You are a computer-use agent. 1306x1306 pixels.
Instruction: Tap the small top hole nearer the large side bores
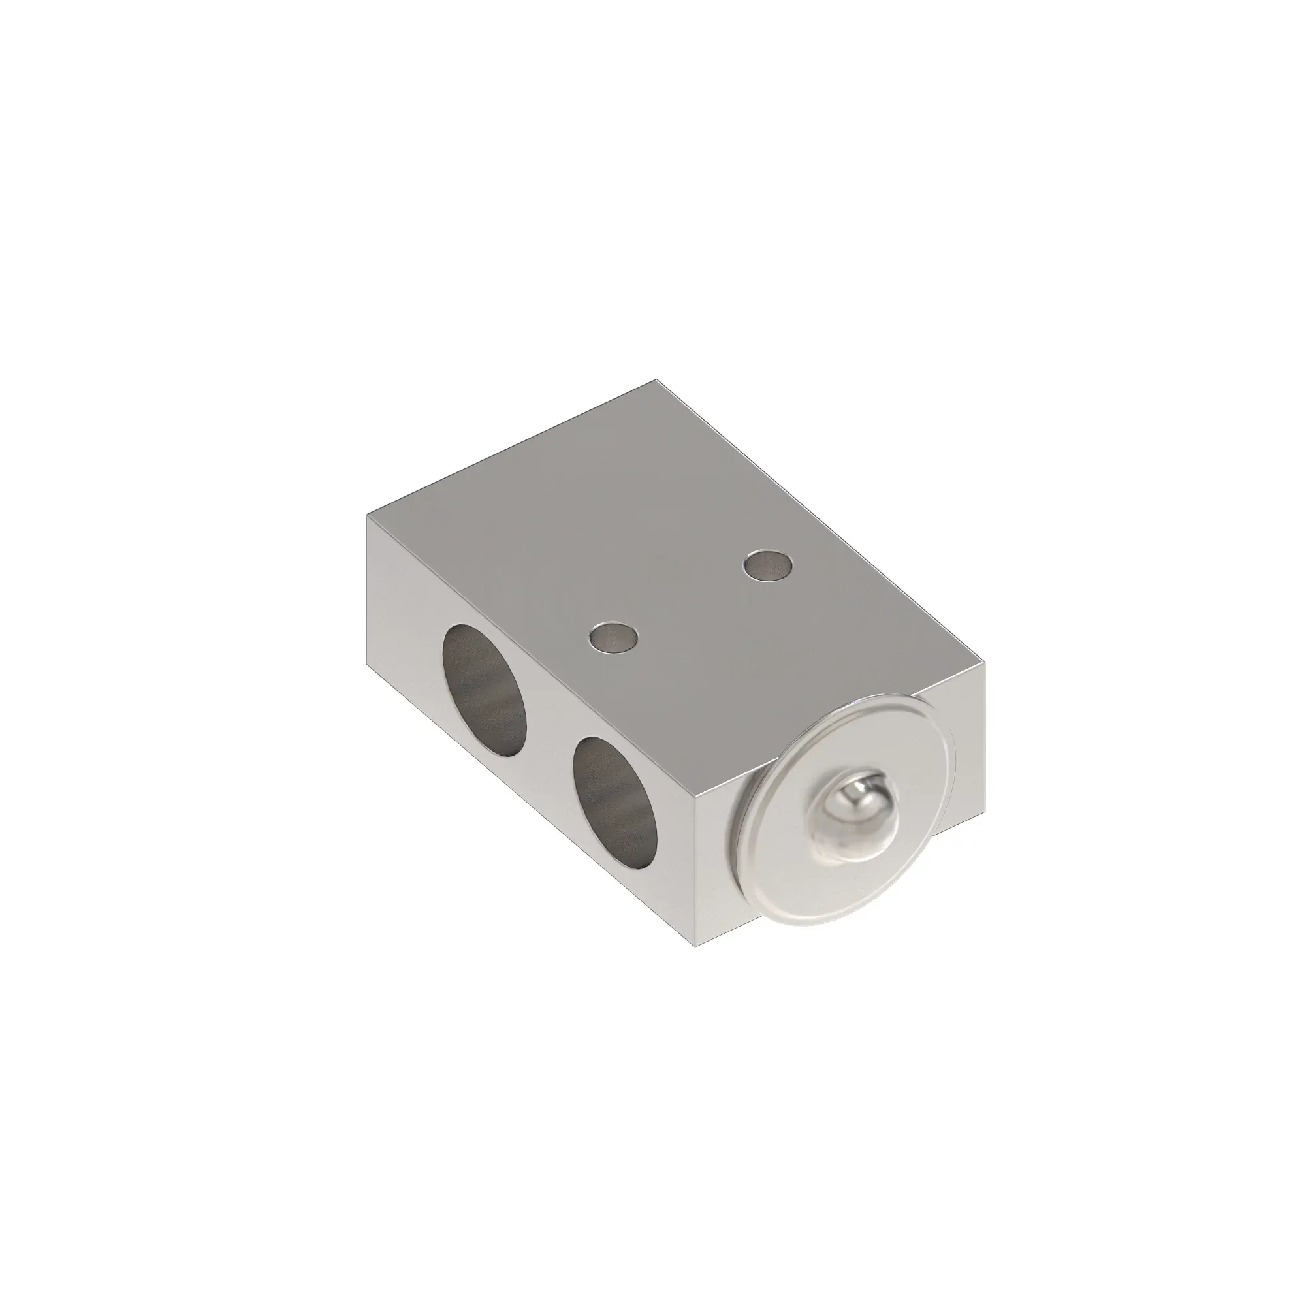click(614, 637)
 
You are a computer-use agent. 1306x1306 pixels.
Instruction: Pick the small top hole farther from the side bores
click(768, 564)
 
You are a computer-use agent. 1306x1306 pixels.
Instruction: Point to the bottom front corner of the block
click(698, 944)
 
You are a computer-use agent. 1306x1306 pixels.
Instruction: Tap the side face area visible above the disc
click(960, 703)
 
